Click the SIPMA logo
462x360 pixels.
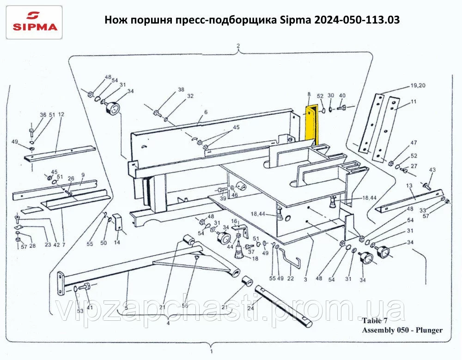pyautogui.click(x=35, y=22)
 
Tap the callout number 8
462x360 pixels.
pyautogui.click(x=309, y=95)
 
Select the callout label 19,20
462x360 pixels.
pyautogui.click(x=418, y=86)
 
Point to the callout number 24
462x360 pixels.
pyautogui.click(x=250, y=308)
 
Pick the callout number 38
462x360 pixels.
pyautogui.click(x=181, y=90)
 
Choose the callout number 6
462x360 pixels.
pyautogui.click(x=206, y=112)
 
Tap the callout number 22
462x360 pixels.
pyautogui.click(x=291, y=278)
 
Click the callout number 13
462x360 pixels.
pyautogui.click(x=409, y=186)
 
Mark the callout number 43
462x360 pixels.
pyautogui.click(x=432, y=169)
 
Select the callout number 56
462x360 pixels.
pyautogui.click(x=185, y=306)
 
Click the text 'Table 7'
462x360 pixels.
pyautogui.click(x=375, y=321)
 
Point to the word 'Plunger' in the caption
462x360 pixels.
pyautogui.click(x=429, y=330)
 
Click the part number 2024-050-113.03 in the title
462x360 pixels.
pyautogui.click(x=357, y=20)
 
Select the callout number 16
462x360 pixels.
pyautogui.click(x=234, y=221)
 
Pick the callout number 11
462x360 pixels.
pyautogui.click(x=413, y=102)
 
